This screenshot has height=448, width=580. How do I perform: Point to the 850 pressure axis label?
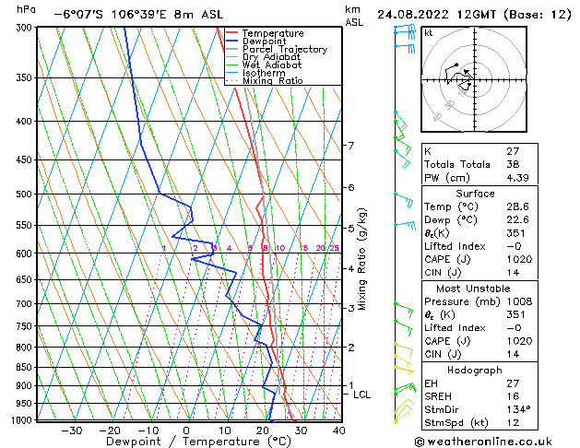pos(22,367)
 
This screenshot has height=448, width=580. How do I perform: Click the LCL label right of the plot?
pos(362,395)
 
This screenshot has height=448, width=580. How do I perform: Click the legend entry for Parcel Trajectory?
pos(284,50)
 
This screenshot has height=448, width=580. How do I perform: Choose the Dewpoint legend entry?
pos(265,41)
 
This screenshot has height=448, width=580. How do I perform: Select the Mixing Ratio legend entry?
pos(272,81)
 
